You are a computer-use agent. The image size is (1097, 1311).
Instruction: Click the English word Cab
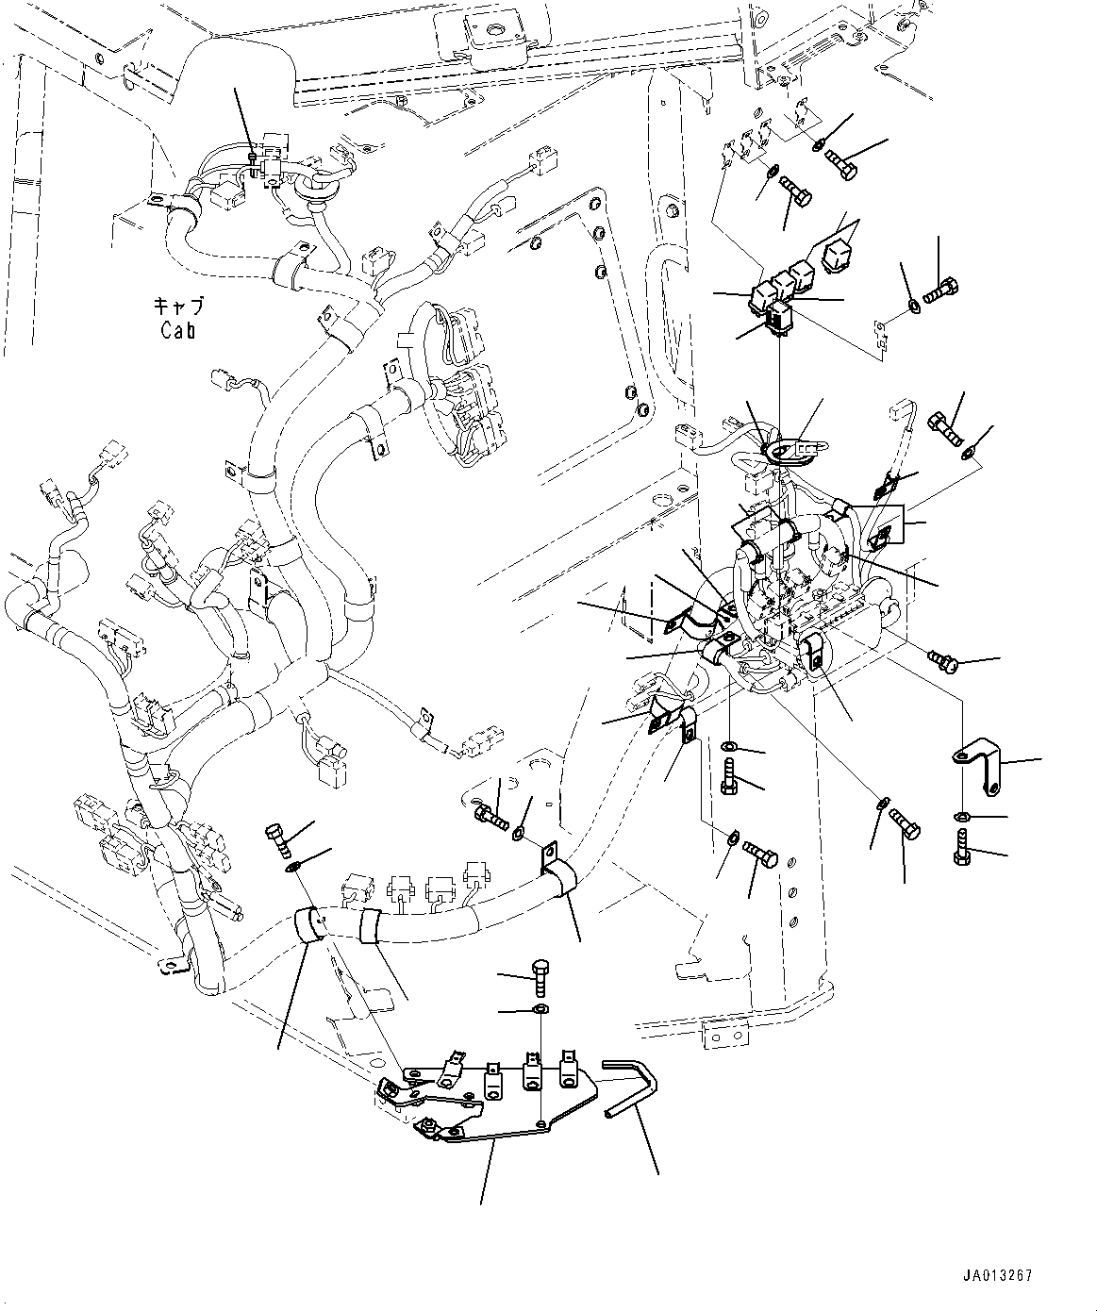[176, 331]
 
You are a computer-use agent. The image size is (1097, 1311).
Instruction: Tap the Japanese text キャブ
[177, 307]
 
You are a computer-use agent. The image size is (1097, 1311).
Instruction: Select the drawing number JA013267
[999, 1275]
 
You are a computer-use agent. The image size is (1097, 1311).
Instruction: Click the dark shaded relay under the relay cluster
[778, 318]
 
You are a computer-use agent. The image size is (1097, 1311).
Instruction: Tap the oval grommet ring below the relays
[785, 453]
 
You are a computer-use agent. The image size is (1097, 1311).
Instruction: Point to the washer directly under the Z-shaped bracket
[960, 816]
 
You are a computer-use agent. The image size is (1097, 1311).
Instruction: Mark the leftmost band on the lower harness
[308, 924]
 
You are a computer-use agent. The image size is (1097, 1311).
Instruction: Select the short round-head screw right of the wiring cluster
[942, 662]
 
